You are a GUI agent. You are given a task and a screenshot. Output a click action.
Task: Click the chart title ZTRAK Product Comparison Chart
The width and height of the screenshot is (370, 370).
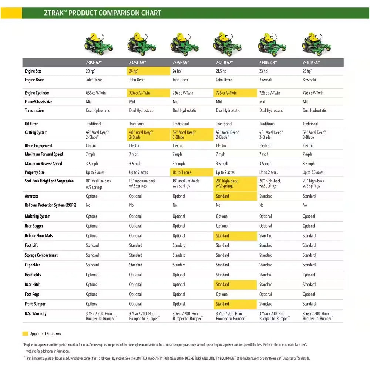102,13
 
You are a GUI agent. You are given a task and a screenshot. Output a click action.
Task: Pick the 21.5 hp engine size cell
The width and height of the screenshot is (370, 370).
221,71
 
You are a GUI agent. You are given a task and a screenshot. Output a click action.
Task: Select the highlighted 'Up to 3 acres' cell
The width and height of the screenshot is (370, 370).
182,172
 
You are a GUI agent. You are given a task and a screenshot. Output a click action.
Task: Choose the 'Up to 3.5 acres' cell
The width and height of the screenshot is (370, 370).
313,172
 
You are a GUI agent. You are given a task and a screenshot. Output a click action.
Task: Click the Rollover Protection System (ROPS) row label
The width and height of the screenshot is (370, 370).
50,205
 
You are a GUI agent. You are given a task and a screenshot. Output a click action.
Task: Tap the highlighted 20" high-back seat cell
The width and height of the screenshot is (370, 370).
235,184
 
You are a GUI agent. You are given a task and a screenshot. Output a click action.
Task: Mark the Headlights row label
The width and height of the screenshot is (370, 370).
33,275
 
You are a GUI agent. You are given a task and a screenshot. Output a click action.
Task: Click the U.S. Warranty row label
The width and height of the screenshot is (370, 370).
36,314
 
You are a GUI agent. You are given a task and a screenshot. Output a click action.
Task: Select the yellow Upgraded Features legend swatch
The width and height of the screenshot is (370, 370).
26,334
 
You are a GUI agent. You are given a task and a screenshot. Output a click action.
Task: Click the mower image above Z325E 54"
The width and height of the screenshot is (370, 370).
184,44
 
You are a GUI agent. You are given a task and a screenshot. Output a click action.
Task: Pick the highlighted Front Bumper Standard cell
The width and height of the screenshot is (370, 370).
235,304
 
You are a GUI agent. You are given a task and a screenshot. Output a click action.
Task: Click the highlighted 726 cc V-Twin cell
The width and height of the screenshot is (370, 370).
235,93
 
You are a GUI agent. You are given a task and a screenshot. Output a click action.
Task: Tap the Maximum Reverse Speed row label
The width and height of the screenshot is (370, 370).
43,164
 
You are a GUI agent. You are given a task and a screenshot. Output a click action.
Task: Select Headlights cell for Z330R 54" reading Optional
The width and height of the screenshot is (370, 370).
309,275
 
